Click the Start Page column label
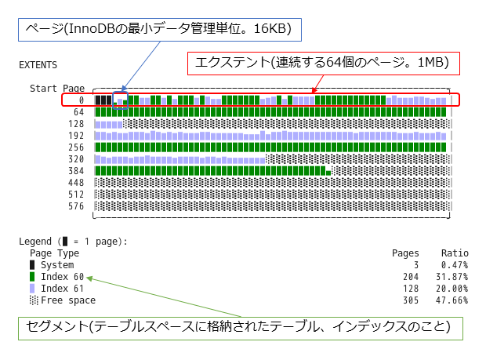[57, 89]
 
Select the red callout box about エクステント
[321, 64]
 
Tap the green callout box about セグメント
[239, 327]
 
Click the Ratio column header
[454, 253]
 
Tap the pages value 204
[410, 277]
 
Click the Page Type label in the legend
[54, 253]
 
